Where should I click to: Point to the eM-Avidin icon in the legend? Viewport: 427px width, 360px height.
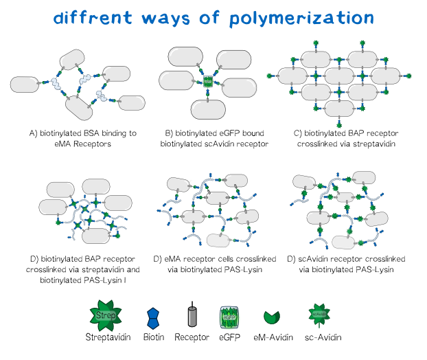pyautogui.click(x=273, y=318)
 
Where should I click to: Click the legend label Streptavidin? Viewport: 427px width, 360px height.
pyautogui.click(x=106, y=338)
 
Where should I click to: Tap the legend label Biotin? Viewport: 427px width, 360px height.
pyautogui.click(x=153, y=338)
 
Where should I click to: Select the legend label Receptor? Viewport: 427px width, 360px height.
pyautogui.click(x=192, y=338)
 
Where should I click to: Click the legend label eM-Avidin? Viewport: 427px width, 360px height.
pyautogui.click(x=273, y=338)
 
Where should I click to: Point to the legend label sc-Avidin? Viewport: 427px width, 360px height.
pyautogui.click(x=318, y=338)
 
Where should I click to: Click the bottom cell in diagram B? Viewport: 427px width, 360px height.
pyautogui.click(x=208, y=110)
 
